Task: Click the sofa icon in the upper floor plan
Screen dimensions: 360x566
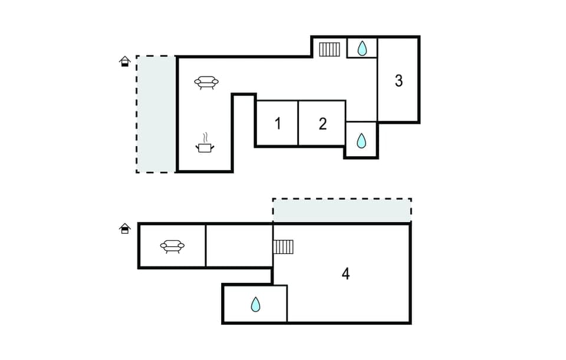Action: (x=206, y=82)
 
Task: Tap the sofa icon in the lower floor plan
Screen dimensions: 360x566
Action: (x=172, y=246)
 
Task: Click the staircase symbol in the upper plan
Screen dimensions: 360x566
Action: (x=330, y=49)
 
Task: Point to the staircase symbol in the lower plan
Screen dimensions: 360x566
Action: (x=284, y=246)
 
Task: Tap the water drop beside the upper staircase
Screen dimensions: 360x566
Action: (x=361, y=48)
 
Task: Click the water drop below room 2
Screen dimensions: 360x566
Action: (x=361, y=140)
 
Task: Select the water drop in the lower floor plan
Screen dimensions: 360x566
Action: (x=255, y=304)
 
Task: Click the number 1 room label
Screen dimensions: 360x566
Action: (x=277, y=124)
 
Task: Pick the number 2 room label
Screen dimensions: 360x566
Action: (x=323, y=124)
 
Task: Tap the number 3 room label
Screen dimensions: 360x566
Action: (x=399, y=81)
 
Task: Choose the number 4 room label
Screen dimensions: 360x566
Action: (x=345, y=273)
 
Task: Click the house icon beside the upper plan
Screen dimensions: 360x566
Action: (x=124, y=61)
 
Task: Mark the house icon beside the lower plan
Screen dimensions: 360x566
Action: (x=124, y=228)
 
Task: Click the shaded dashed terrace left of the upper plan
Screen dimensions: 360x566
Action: (x=156, y=114)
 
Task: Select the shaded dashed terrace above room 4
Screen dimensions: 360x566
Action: (x=342, y=210)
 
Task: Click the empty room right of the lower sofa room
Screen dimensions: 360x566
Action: (x=239, y=246)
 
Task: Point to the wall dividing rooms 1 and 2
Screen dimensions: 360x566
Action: (x=298, y=123)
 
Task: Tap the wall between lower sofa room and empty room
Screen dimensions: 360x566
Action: (x=206, y=246)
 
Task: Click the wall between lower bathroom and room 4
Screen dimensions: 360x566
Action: (x=287, y=304)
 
